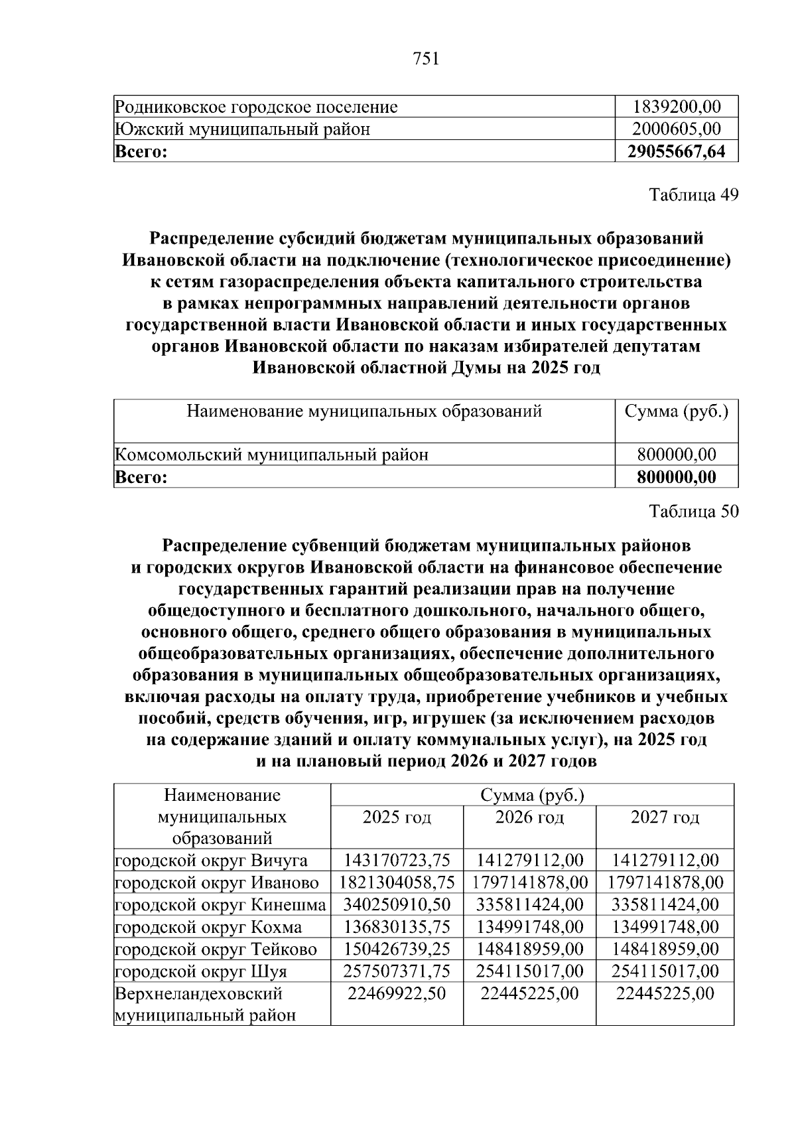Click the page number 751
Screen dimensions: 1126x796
(x=426, y=60)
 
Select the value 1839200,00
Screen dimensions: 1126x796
(x=676, y=107)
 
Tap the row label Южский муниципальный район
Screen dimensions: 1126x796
(x=242, y=129)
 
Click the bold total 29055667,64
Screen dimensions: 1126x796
(x=676, y=151)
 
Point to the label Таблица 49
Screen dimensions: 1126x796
(x=693, y=195)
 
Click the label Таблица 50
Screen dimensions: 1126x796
(x=693, y=511)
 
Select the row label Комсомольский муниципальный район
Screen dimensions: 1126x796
(x=271, y=455)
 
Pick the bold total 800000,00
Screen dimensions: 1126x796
(x=676, y=476)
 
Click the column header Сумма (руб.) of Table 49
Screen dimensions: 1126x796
(x=676, y=411)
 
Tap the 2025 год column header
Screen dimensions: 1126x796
(x=397, y=817)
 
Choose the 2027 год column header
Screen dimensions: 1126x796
(x=665, y=817)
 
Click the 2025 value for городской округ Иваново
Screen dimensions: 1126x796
(x=397, y=882)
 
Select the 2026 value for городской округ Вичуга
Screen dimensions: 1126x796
(x=529, y=861)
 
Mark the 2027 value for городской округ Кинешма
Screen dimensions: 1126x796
(x=665, y=904)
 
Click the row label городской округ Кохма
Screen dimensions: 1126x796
(x=208, y=927)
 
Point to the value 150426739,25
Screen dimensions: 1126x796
(x=397, y=949)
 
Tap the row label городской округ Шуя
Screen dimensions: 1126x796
(x=201, y=971)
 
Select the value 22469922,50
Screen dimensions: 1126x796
(x=397, y=993)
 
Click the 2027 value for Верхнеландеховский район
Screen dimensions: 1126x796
(x=665, y=993)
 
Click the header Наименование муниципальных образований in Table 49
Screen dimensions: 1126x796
(x=364, y=411)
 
